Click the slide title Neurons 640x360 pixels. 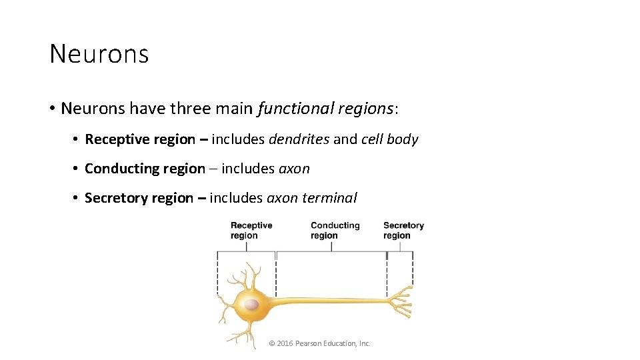99,54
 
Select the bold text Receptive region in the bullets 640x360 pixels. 140,139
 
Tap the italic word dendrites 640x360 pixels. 299,139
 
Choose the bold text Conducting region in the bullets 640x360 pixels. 145,169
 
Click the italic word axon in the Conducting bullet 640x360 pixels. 294,169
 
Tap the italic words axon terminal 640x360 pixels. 312,198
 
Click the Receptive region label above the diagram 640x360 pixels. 251,230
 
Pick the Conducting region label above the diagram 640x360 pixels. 335,230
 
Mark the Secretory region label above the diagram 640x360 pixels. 403,230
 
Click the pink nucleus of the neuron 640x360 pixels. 251,305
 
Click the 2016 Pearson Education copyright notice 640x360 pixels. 319,343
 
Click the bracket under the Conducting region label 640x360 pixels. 331,251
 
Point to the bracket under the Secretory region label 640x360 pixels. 400,251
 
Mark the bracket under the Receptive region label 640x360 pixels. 246,251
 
